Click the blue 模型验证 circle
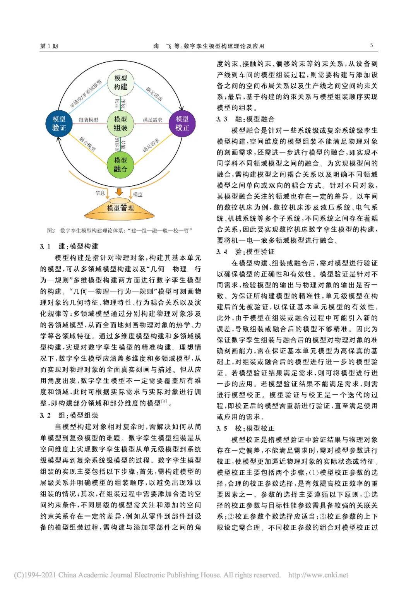pos(59,123)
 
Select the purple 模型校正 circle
pos(182,123)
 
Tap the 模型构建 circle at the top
pos(120,82)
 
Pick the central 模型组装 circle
pos(120,123)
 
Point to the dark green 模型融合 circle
pos(120,164)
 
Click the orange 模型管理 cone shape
pos(120,209)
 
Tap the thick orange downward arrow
pos(119,192)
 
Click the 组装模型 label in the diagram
pos(89,120)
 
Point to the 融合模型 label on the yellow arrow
pos(87,143)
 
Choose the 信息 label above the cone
pos(100,193)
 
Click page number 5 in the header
pos(371,45)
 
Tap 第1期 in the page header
pos(49,46)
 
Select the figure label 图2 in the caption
pos(51,231)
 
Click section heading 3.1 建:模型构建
pos(69,246)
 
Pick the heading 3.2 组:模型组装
pos(69,415)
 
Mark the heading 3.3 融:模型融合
pos(245,119)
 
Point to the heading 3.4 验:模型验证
pos(245,252)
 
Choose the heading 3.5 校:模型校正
pos(245,428)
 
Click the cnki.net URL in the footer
pos(318,575)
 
